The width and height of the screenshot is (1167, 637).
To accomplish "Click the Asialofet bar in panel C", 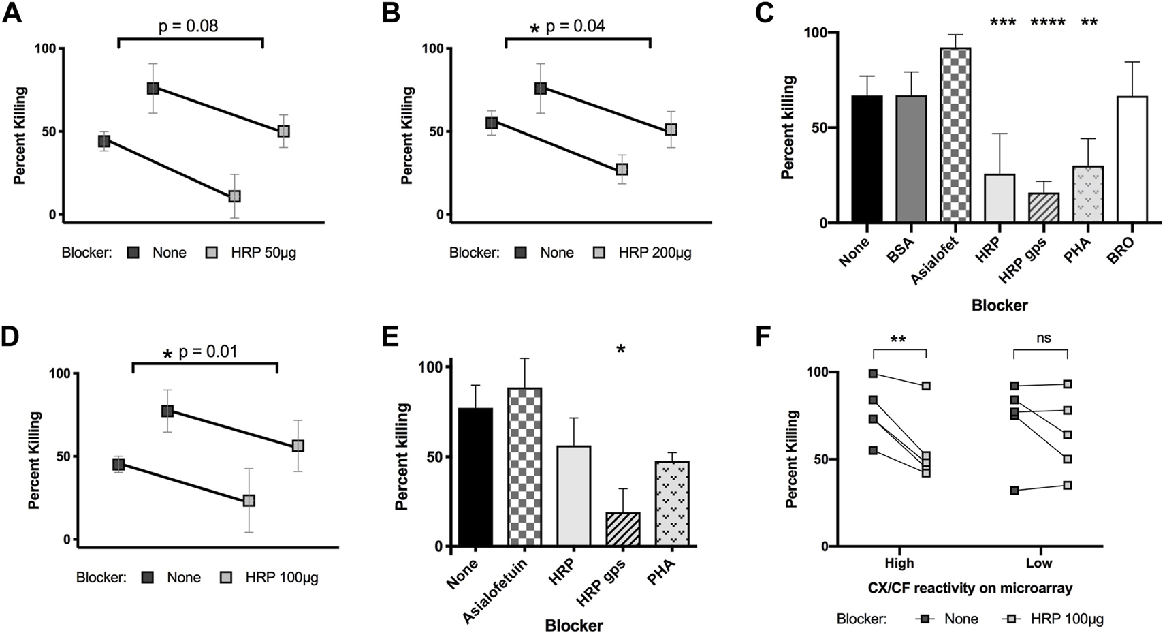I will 956,136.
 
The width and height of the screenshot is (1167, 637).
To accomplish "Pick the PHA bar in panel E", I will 673,504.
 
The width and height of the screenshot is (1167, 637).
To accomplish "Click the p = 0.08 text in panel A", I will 189,27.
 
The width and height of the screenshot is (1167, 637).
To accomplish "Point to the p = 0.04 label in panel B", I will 575,27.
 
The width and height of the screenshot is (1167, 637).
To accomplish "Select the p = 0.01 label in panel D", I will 208,352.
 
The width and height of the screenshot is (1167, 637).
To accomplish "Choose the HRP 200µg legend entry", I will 654,253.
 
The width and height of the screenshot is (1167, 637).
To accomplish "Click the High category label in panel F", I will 899,563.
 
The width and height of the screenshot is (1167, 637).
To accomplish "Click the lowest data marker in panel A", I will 234,196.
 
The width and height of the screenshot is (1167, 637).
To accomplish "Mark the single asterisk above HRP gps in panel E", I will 620,350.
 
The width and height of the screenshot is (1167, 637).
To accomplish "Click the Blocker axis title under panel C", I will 1000,306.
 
